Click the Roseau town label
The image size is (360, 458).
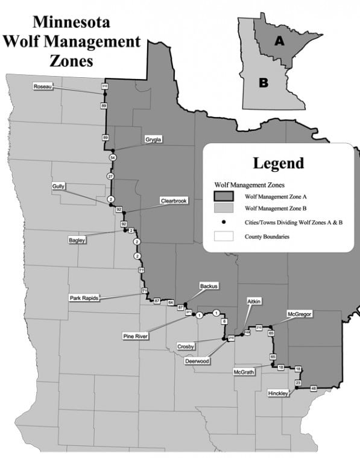point(43,87)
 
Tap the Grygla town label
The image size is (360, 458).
point(153,140)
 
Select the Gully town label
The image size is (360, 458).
point(58,186)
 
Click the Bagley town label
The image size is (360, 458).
point(77,240)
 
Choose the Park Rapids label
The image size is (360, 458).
point(84,297)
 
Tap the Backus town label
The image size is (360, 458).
point(209,286)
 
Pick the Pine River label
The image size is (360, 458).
point(136,336)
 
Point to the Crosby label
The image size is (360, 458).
point(186,346)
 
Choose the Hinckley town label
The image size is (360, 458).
point(278,393)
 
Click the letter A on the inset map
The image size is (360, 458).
point(279,40)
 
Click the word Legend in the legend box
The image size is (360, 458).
point(279,163)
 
